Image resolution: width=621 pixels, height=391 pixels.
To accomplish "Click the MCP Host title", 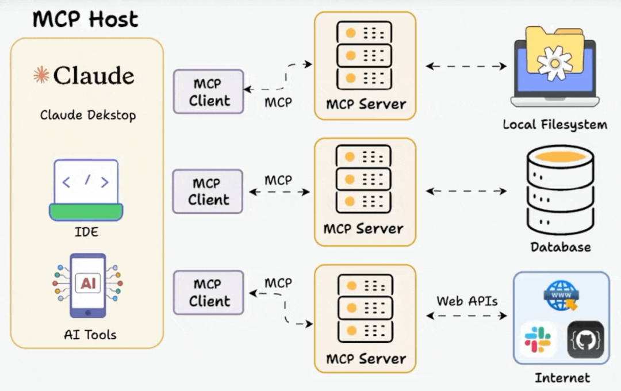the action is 85,19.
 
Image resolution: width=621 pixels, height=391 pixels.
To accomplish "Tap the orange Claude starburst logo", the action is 41,75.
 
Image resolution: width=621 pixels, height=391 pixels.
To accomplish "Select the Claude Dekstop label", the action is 88,115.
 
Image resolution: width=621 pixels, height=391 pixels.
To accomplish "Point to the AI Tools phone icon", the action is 87,285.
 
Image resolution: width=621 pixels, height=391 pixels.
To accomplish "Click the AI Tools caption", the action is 90,335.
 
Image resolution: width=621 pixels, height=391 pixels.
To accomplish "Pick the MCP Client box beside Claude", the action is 209,92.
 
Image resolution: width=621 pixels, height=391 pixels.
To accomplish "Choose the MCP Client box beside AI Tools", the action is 209,293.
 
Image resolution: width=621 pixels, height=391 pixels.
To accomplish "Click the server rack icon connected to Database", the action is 363,179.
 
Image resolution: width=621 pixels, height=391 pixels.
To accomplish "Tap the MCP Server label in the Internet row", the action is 366,359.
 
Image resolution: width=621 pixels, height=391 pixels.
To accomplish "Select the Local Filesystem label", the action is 555,125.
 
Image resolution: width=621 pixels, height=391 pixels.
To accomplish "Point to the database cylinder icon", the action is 560,190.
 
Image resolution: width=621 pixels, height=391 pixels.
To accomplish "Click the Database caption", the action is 561,247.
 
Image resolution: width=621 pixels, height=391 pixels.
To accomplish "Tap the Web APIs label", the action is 467,301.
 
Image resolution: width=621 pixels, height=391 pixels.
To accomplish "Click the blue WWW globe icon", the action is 561,296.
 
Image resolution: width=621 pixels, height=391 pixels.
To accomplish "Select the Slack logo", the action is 538,339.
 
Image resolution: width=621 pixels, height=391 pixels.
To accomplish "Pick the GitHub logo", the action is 585,339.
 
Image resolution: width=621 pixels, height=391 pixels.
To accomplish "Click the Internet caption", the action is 562,378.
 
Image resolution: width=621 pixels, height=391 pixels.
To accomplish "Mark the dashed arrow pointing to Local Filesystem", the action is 466,66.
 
